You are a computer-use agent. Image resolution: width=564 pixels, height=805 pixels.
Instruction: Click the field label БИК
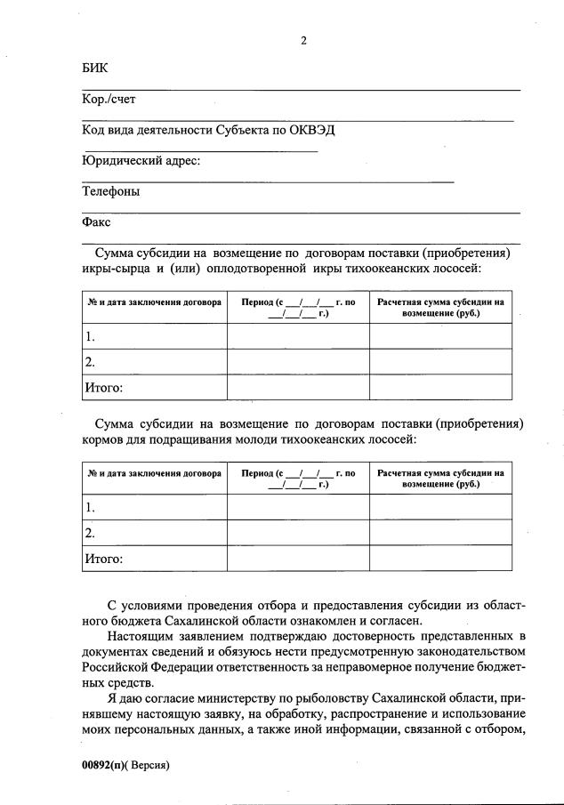point(93,68)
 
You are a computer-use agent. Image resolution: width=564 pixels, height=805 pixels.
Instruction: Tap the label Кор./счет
point(109,99)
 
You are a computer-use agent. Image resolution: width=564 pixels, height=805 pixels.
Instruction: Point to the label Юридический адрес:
point(141,160)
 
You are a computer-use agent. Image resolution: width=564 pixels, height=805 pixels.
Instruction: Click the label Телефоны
point(110,190)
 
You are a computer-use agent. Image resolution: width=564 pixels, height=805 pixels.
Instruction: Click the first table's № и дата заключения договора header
point(154,302)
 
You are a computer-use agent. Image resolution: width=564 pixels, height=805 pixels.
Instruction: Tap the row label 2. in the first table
point(90,361)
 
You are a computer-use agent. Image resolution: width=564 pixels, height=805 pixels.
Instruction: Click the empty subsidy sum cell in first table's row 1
point(440,336)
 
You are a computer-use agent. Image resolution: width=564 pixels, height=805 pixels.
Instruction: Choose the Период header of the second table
point(298,479)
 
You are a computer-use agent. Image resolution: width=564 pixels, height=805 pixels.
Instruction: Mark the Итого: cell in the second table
point(103,559)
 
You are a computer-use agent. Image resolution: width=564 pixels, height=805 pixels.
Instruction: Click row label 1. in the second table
point(90,507)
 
